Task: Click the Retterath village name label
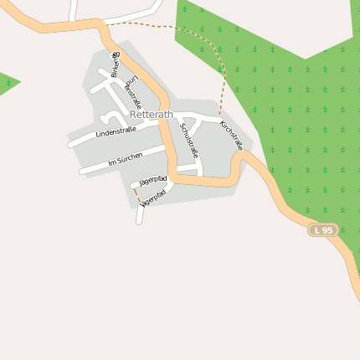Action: (x=151, y=116)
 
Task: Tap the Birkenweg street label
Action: (x=116, y=64)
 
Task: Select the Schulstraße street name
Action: (x=189, y=140)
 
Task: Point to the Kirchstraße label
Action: (x=231, y=135)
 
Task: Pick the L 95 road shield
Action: (x=323, y=229)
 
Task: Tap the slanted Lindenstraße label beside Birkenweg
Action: (x=132, y=92)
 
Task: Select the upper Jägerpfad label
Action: (x=153, y=180)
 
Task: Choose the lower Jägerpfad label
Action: (x=154, y=198)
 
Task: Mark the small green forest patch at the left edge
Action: (x=7, y=83)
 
